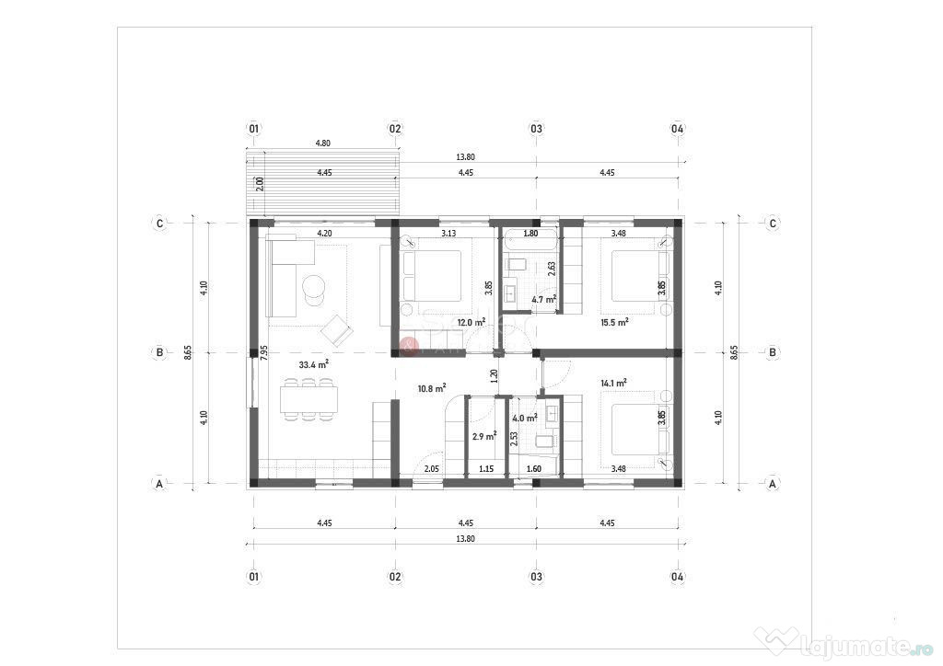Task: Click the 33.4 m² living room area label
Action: pos(313,364)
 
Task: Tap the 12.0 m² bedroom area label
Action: pos(471,322)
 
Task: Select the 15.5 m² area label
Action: pos(614,322)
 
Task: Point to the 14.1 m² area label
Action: pos(614,383)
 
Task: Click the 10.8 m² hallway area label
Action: pos(432,388)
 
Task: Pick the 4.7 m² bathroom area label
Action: pos(544,298)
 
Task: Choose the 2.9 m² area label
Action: pos(484,436)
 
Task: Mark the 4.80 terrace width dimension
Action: pos(323,143)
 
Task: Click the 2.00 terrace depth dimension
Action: pos(260,184)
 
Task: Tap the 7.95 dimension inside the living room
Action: pos(263,352)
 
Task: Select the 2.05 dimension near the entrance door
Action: pos(431,469)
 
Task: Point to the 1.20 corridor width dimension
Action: pos(495,376)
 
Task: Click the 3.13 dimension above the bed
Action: pos(448,234)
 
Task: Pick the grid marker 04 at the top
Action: pos(677,129)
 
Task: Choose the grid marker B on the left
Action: pos(159,352)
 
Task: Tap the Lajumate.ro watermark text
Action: pos(866,646)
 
